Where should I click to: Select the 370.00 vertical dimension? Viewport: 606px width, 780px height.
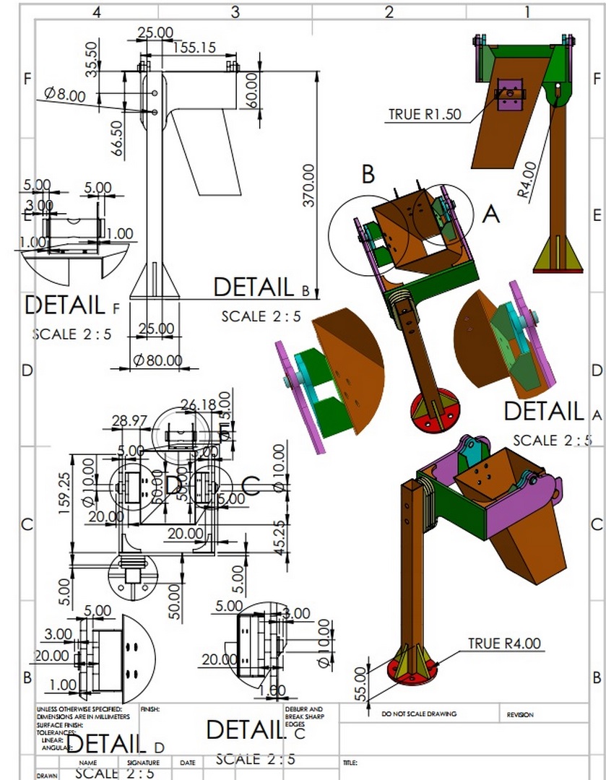pyautogui.click(x=308, y=185)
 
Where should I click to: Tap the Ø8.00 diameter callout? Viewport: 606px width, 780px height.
pyautogui.click(x=64, y=94)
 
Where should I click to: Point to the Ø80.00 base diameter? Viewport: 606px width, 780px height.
pyautogui.click(x=157, y=359)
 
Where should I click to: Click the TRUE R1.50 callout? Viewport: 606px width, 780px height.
pyautogui.click(x=424, y=114)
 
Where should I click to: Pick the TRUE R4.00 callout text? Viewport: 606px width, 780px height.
pyautogui.click(x=504, y=643)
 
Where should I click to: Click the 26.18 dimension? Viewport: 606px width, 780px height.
pyautogui.click(x=199, y=405)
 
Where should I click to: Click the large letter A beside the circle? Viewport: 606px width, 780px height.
pyautogui.click(x=490, y=214)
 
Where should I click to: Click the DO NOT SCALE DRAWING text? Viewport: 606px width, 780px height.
pyautogui.click(x=419, y=714)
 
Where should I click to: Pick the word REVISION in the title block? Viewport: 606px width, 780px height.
pyautogui.click(x=520, y=714)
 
